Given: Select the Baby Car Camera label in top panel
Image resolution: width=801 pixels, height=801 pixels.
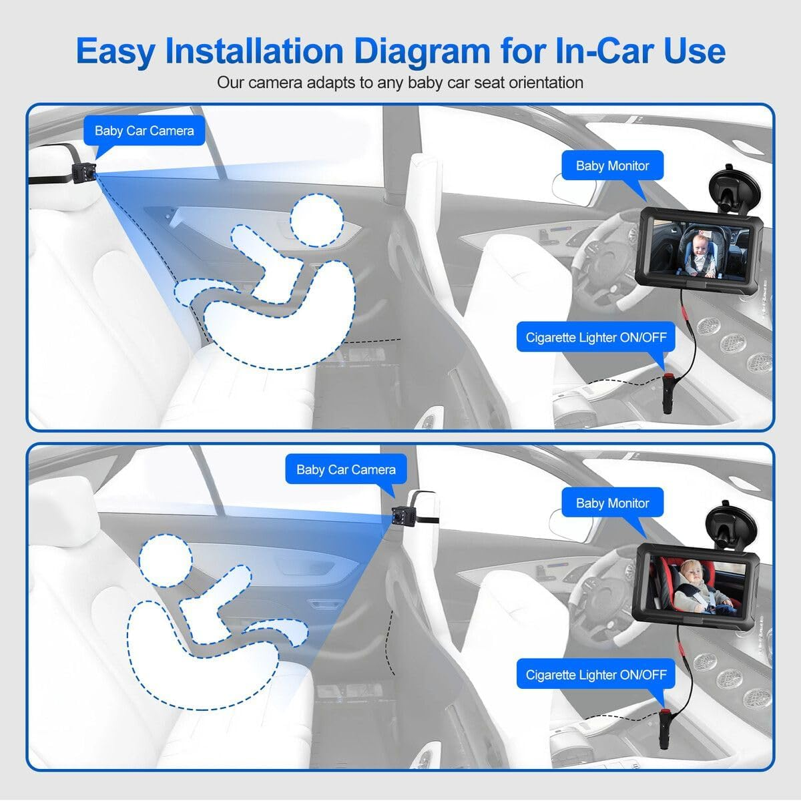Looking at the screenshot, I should (x=144, y=131).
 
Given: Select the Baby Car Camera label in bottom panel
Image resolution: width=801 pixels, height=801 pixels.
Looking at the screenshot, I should (x=346, y=470).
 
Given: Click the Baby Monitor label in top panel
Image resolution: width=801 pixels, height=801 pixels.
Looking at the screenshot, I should (x=612, y=166).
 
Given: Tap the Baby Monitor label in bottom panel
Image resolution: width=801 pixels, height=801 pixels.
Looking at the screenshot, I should (x=612, y=503).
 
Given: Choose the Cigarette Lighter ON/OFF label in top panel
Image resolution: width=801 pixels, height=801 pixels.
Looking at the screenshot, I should (x=595, y=337).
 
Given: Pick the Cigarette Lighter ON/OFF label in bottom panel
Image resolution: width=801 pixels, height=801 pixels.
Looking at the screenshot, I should (x=595, y=675).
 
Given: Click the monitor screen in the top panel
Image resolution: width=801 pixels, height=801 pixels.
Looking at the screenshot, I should (x=697, y=248).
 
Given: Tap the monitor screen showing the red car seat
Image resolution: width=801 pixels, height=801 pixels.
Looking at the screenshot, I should (x=697, y=585).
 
